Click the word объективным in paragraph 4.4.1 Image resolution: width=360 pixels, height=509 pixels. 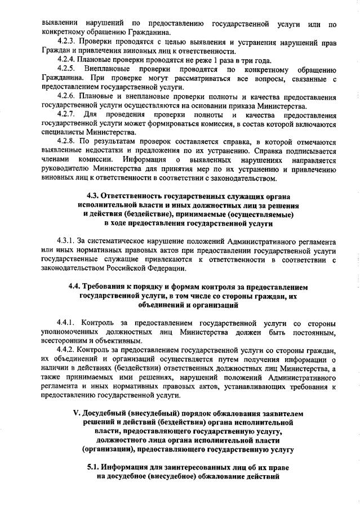pyautogui.click(x=115, y=341)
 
